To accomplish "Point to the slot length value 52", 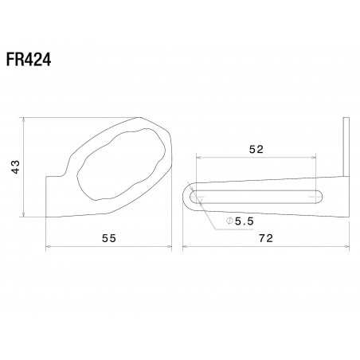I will pyautogui.click(x=256, y=149).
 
